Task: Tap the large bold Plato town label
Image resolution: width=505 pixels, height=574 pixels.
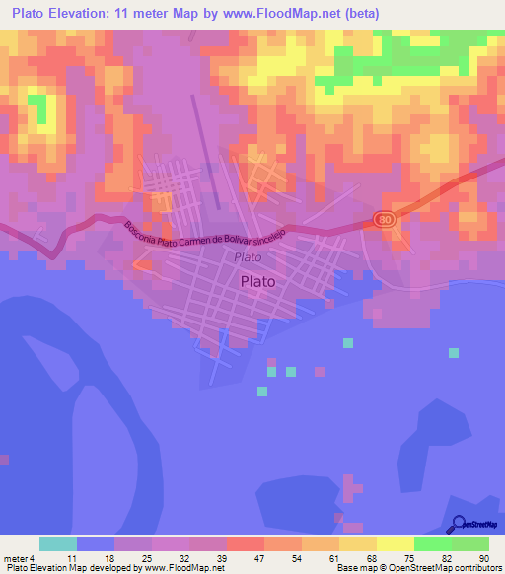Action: tap(257, 280)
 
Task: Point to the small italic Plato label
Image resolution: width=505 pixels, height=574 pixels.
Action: tap(249, 256)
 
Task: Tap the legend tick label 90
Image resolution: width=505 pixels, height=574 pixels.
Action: tap(482, 558)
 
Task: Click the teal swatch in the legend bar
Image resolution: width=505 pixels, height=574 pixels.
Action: tap(57, 543)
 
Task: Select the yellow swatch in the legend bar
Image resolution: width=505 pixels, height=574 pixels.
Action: tap(395, 543)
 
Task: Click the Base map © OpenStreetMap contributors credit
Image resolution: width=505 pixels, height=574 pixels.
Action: tap(419, 568)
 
